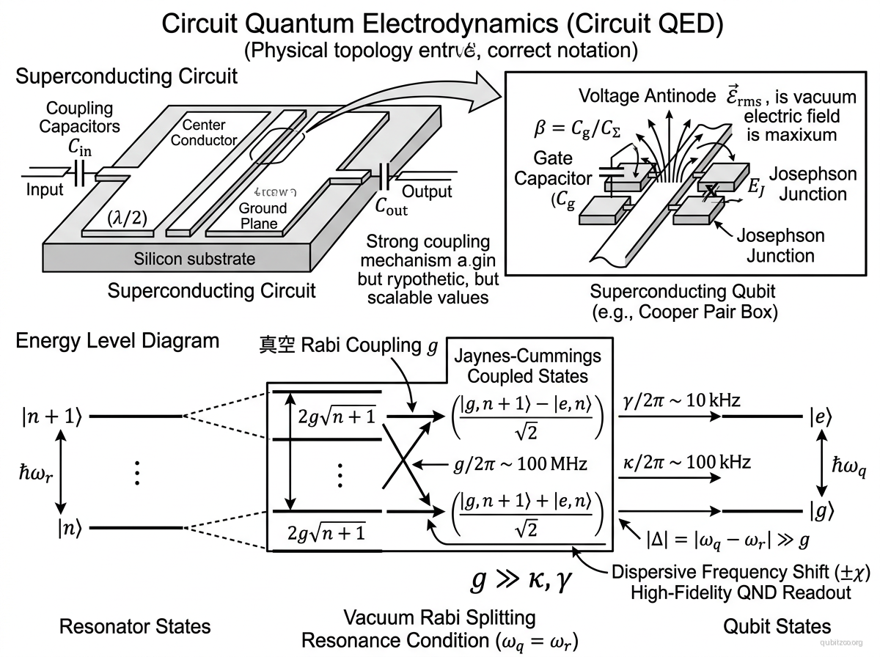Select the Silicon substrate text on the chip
(194, 259)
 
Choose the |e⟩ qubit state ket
(821, 416)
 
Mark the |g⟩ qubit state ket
(821, 510)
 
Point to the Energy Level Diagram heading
(117, 341)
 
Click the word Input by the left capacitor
(45, 191)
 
